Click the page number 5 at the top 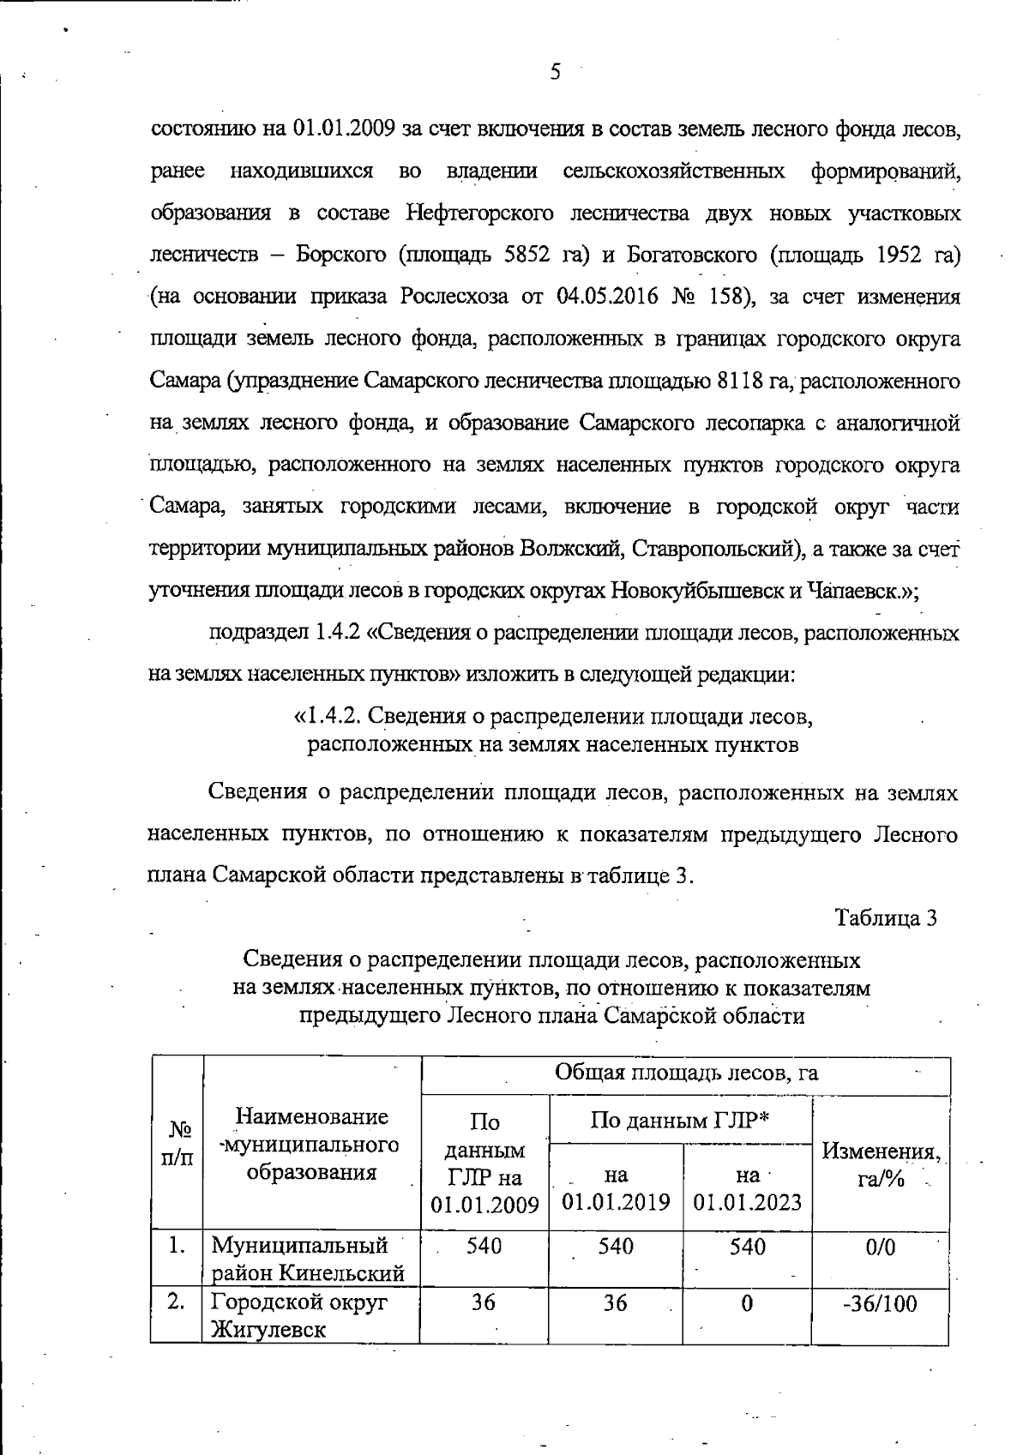click(555, 73)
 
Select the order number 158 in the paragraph click(729, 298)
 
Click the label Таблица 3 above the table click(886, 917)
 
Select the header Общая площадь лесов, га click(686, 1073)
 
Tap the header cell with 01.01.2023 click(747, 1188)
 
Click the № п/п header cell click(177, 1145)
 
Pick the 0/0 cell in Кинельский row click(880, 1248)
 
